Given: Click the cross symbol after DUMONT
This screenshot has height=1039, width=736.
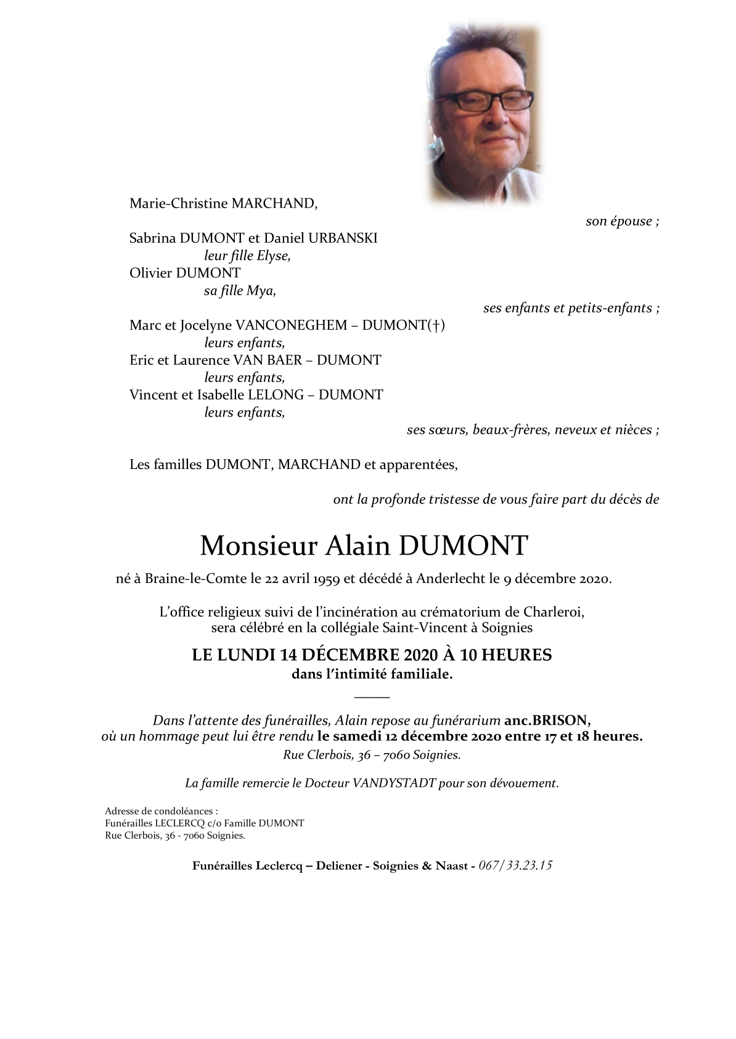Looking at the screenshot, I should pos(436,325).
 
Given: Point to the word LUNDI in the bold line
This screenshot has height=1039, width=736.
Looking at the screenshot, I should pos(245,654).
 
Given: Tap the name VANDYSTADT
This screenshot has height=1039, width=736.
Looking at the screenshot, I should pos(395,783).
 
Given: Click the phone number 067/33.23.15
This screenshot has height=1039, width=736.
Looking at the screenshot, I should pos(515,865).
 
